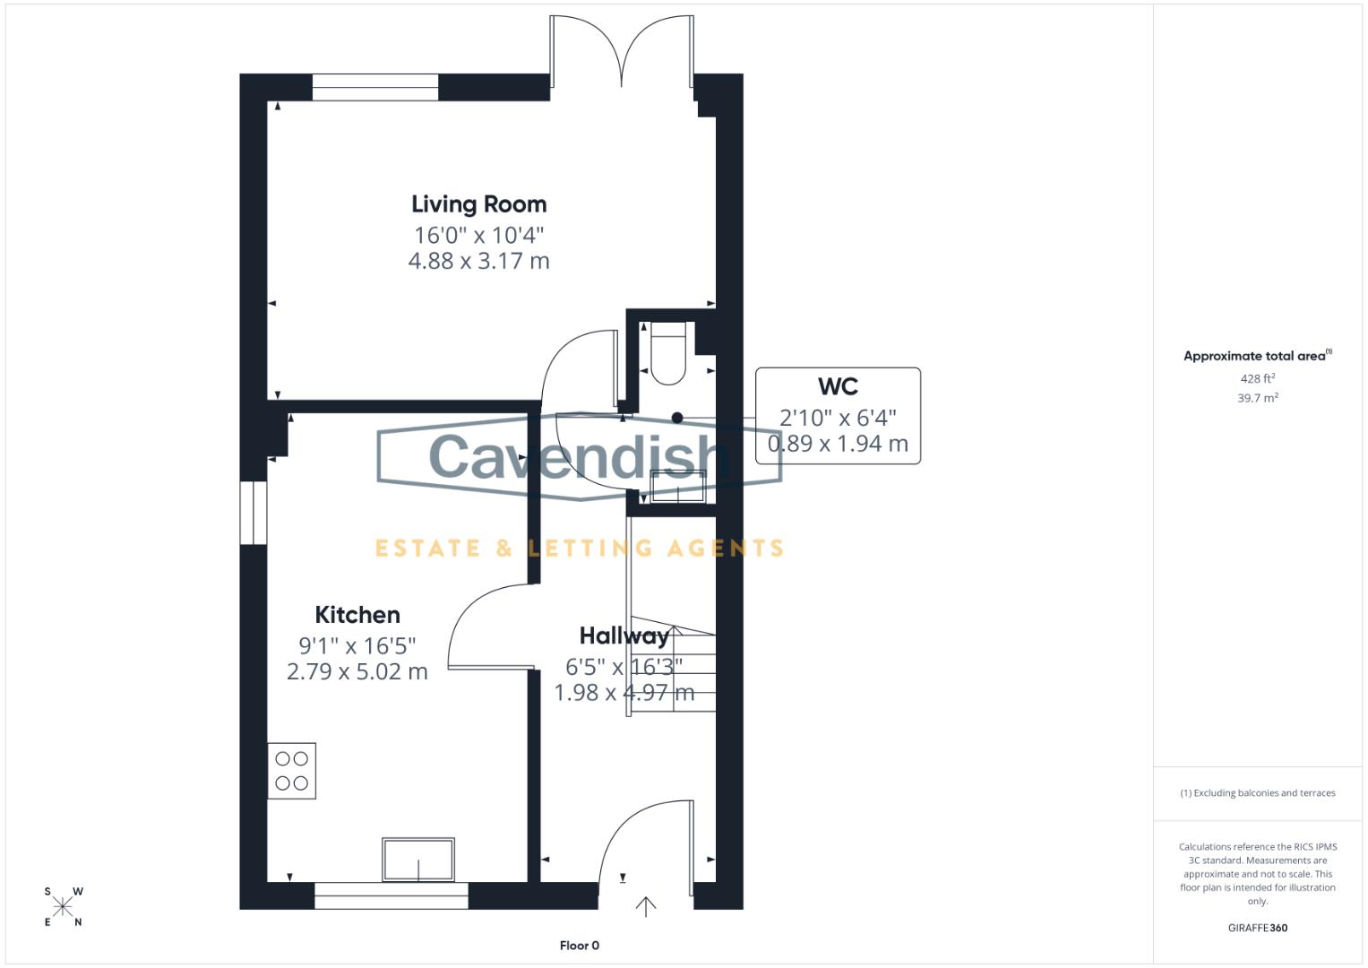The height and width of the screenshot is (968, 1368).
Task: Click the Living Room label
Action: (x=478, y=204)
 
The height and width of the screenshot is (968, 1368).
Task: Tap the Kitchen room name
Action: (x=357, y=615)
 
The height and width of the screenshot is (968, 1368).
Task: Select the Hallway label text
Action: (x=624, y=636)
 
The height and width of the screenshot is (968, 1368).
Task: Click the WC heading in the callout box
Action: (x=838, y=387)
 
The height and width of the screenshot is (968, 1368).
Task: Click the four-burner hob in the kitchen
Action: (x=291, y=771)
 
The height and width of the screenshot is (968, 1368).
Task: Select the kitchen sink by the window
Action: (x=418, y=860)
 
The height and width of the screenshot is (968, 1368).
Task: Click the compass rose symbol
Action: (x=63, y=906)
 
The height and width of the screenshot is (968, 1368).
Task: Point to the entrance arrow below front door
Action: (x=645, y=906)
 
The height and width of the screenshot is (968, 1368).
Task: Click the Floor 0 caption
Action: (x=579, y=946)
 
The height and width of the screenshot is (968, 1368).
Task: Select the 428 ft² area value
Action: (x=1257, y=379)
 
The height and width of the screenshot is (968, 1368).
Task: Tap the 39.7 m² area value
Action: (x=1257, y=398)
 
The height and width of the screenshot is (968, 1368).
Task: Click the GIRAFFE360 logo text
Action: (x=1257, y=928)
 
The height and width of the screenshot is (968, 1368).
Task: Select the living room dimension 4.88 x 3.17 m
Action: (x=478, y=262)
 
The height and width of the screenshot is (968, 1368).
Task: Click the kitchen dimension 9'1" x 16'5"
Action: (x=357, y=645)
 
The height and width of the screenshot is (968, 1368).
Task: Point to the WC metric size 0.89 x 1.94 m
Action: (x=838, y=444)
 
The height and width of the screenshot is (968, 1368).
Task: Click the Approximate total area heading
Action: (x=1257, y=356)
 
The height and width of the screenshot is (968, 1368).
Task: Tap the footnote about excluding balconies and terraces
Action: (x=1257, y=793)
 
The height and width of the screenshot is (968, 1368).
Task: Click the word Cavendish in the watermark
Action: (x=573, y=456)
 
